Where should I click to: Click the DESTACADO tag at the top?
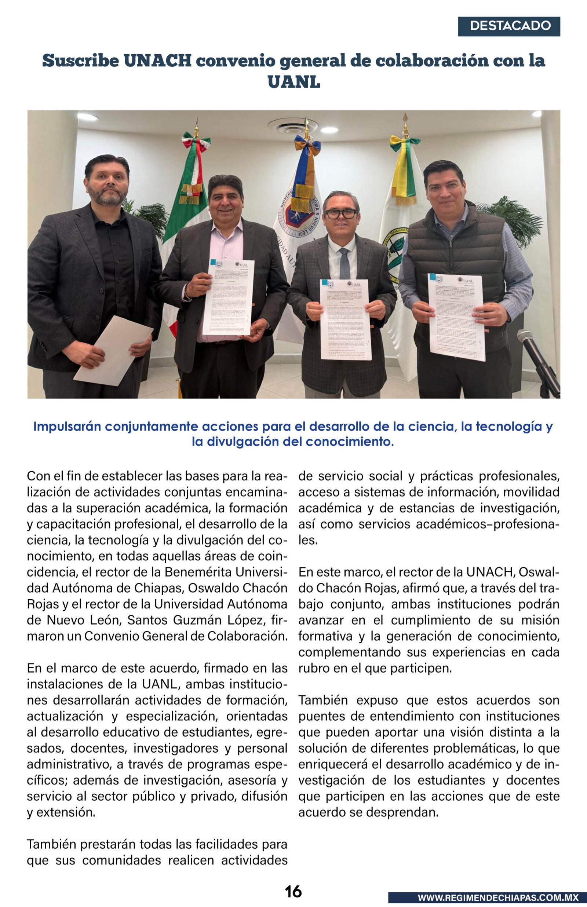click(509, 26)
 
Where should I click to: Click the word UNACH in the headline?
click(157, 61)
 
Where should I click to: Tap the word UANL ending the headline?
click(293, 82)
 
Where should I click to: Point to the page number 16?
click(293, 891)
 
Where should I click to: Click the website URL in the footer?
click(498, 898)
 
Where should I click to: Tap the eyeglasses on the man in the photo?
click(341, 214)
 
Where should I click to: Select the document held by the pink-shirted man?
click(228, 297)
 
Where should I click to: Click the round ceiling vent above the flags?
click(292, 126)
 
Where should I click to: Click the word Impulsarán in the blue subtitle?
click(67, 427)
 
